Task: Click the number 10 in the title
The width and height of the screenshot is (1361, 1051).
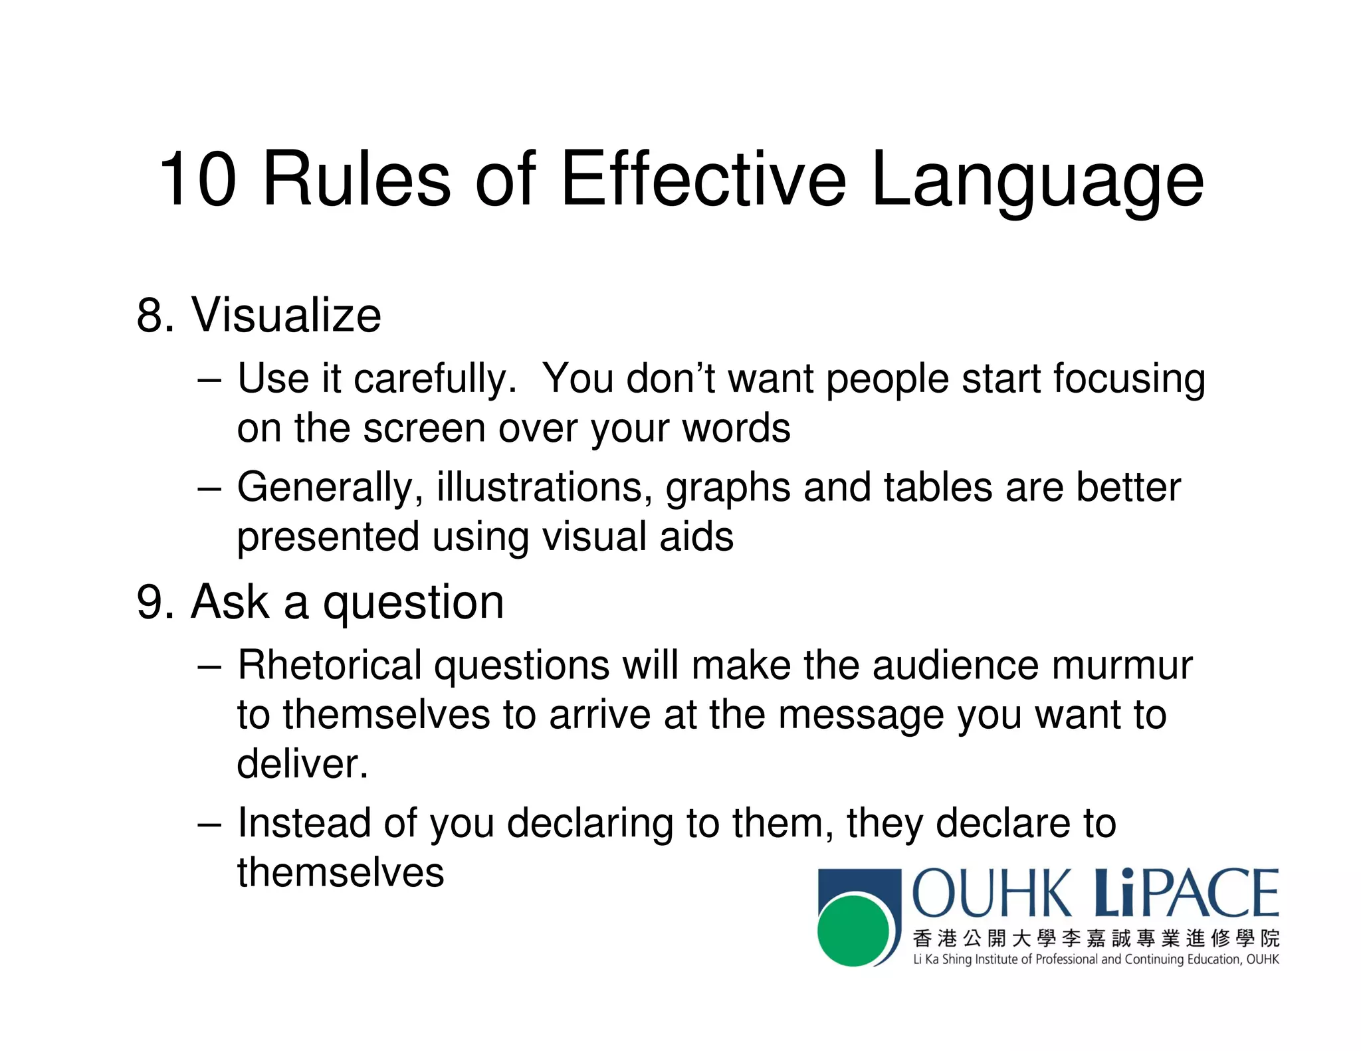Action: point(197,179)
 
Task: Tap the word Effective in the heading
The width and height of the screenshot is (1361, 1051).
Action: point(703,179)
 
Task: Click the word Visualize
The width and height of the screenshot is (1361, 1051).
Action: point(286,315)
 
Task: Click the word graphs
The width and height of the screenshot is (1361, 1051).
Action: point(728,488)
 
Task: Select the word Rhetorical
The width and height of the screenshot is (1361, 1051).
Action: point(330,665)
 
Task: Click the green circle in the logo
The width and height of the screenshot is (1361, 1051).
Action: point(853,930)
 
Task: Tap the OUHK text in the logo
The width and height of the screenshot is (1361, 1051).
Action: point(992,894)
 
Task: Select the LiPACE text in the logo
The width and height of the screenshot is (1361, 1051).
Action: point(1186,894)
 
